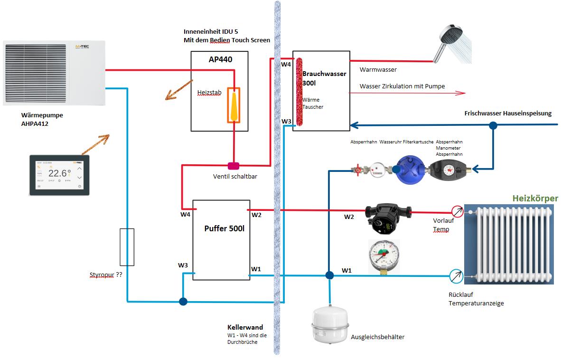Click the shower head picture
(x=453, y=43)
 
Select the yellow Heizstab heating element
(x=234, y=105)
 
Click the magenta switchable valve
(x=234, y=166)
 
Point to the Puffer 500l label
(x=224, y=228)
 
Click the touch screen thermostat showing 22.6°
(x=59, y=175)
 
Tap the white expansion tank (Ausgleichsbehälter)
(x=331, y=325)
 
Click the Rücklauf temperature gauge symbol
(x=456, y=275)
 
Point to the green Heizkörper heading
(x=534, y=199)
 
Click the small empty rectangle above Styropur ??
(x=127, y=247)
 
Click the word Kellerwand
(x=245, y=328)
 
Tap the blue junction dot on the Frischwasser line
(x=493, y=126)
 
